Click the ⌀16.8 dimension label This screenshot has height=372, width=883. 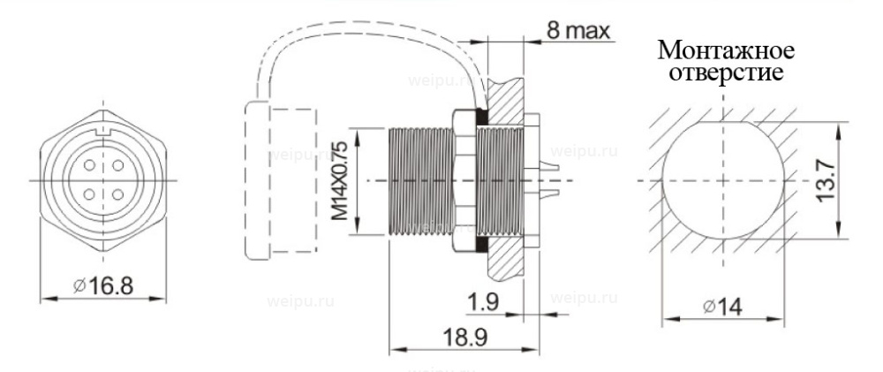coord(103,286)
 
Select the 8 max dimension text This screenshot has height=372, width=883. coord(578,30)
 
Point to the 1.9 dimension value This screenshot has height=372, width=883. coord(482,303)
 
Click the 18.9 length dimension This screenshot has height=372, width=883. coord(464,337)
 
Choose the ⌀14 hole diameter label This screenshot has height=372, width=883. coord(722,307)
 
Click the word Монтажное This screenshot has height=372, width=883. coord(726,50)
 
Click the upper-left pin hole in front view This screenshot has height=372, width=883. coord(89,166)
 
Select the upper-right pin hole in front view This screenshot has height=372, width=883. coord(117,166)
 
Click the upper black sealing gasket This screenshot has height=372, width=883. coord(482,118)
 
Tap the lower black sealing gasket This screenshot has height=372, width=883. coord(482,244)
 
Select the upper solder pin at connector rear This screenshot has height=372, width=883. coord(548,167)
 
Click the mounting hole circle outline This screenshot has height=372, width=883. coord(724,180)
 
